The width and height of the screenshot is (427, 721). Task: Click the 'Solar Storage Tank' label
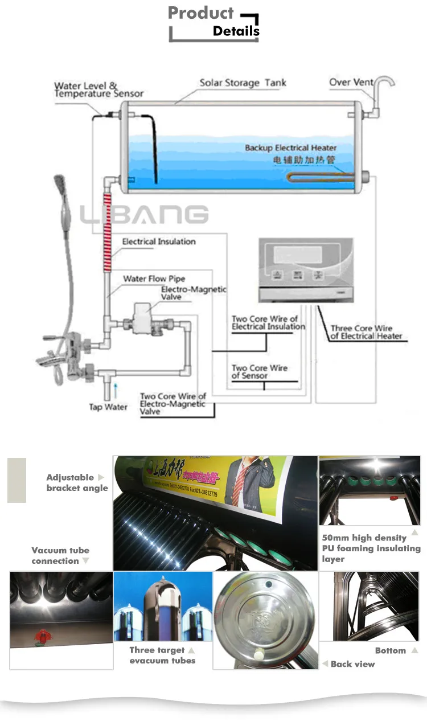(243, 83)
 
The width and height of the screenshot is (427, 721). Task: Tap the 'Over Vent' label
(351, 83)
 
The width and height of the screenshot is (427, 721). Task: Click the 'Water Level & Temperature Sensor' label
(98, 90)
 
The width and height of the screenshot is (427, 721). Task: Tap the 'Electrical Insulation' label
(159, 241)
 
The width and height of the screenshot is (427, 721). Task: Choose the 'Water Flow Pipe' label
(154, 278)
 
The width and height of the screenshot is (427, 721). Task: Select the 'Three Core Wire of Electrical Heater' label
(366, 332)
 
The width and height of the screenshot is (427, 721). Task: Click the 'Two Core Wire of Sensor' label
(259, 372)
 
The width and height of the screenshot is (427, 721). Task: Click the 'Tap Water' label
(108, 407)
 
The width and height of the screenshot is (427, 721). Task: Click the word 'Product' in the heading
(201, 13)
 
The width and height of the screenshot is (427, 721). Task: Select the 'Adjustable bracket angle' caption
(77, 482)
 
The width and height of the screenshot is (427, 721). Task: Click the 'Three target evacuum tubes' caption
(162, 655)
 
